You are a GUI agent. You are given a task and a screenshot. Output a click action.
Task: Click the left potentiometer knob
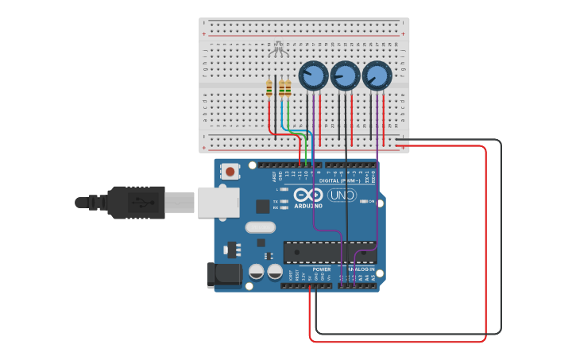pos(313,76)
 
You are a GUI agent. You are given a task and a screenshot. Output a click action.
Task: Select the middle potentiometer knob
pos(345,76)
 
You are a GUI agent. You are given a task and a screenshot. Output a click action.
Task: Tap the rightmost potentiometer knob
pos(377,76)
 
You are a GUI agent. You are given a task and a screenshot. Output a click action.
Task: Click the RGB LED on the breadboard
pos(277,50)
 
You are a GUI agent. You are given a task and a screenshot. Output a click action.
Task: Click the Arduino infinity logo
pos(307,195)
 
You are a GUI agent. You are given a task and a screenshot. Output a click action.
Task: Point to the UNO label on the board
pos(342,195)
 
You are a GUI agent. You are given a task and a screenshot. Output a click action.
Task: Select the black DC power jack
pos(223,274)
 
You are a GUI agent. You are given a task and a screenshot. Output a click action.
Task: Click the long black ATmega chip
pos(329,252)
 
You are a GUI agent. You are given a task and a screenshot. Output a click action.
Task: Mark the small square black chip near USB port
pos(263,207)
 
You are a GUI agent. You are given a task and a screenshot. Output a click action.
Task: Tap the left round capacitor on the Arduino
pos(257,272)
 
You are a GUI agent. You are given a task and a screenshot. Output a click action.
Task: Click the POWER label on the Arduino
pos(322,269)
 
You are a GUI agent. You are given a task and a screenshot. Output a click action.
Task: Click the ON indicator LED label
pos(370,201)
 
